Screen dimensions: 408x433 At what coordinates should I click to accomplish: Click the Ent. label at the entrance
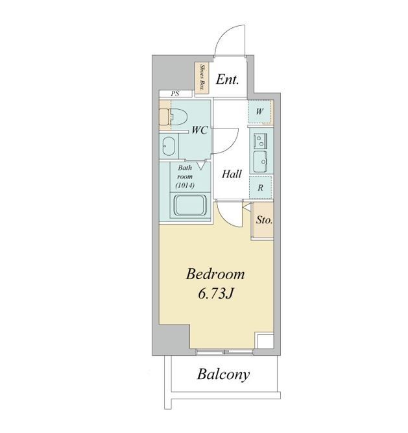click(227, 80)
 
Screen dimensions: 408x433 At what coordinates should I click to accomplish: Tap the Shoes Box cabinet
click(202, 78)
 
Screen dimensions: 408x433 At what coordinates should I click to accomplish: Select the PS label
click(174, 93)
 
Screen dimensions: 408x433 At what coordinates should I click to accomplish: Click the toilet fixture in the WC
click(174, 117)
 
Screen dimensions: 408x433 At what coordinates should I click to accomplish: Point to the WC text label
click(200, 130)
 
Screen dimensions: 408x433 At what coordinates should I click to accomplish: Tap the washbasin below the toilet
click(168, 146)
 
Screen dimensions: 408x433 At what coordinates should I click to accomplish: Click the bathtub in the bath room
click(190, 206)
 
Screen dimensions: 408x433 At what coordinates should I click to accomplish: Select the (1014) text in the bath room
click(185, 186)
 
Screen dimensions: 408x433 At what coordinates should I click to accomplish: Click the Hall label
click(232, 174)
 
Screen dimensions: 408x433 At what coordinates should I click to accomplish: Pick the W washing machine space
click(259, 112)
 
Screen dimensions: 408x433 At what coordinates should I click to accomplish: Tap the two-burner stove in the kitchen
click(260, 141)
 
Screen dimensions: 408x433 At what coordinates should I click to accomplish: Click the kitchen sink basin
click(260, 162)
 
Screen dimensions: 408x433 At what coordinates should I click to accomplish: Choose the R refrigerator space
click(260, 188)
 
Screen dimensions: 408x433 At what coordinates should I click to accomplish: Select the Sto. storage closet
click(264, 220)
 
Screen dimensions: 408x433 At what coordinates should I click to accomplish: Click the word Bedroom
click(215, 274)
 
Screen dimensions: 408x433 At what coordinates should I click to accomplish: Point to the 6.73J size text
click(216, 293)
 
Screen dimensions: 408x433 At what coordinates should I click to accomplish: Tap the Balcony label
click(223, 375)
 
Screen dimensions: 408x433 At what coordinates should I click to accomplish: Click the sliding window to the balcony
click(224, 352)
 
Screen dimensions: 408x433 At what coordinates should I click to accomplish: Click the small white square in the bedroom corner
click(264, 341)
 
